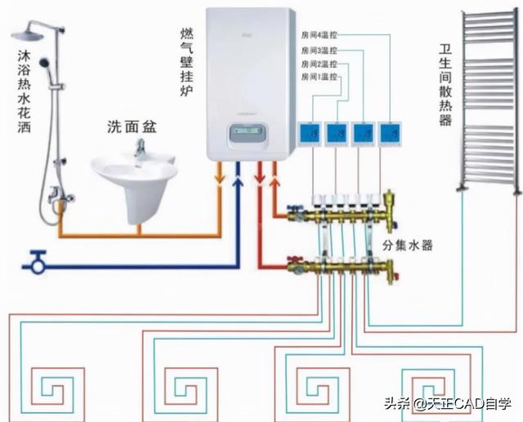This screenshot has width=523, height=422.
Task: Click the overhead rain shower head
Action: point(31,33)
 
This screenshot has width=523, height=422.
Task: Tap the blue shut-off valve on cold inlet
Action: point(35,263)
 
